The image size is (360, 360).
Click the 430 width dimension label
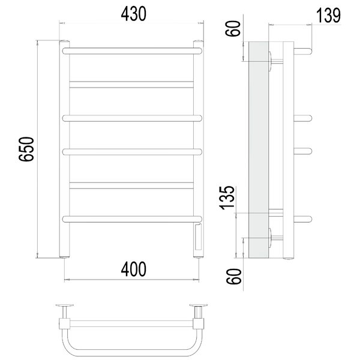pyautogui.click(x=133, y=14)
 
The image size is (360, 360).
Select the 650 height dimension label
pyautogui.click(x=26, y=149)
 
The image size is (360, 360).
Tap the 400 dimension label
pyautogui.click(x=133, y=269)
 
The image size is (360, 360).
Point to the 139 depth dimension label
pyautogui.click(x=328, y=16)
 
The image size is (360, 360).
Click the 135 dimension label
pyautogui.click(x=227, y=197)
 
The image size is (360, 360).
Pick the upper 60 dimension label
pyautogui.click(x=233, y=28)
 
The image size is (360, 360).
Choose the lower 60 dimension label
pyautogui.click(x=234, y=277)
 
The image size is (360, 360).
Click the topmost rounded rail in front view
pyautogui.click(x=132, y=51)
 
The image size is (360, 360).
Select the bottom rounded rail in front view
pyautogui.click(x=132, y=219)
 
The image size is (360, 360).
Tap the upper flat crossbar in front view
pyautogui.click(x=131, y=85)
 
